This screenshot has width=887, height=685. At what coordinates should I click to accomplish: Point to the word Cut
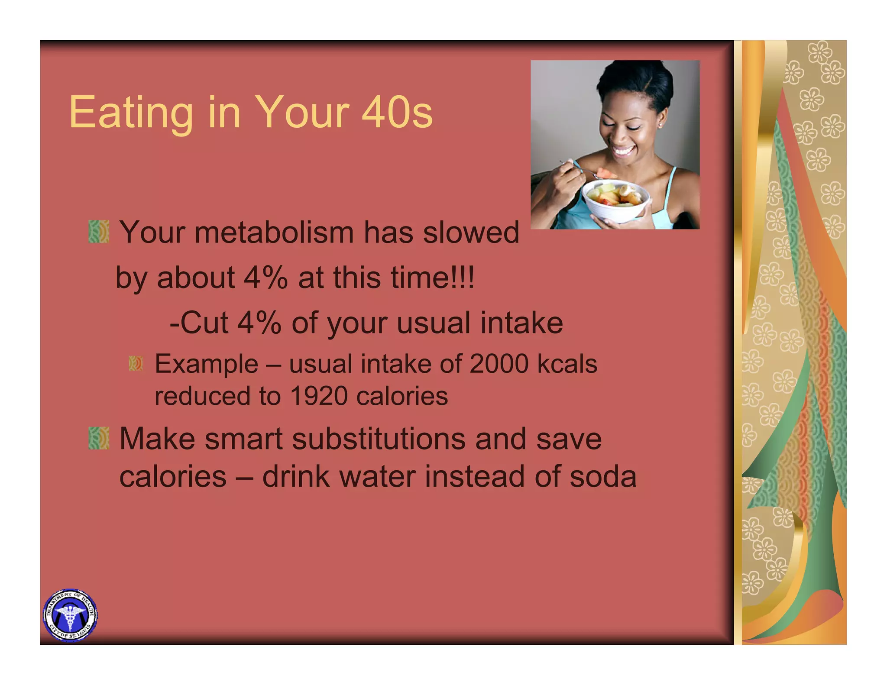pyautogui.click(x=204, y=323)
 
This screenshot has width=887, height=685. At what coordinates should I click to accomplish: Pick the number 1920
pyautogui.click(x=318, y=396)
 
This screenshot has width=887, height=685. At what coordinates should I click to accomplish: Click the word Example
pyautogui.click(x=206, y=364)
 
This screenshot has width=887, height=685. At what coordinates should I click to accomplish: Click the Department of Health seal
pyautogui.click(x=70, y=615)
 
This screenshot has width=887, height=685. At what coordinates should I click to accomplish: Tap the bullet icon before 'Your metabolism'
pyautogui.click(x=98, y=232)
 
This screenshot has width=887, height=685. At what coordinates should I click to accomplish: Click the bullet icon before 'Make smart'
pyautogui.click(x=98, y=438)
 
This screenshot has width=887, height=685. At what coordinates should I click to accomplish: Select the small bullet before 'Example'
pyautogui.click(x=136, y=363)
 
